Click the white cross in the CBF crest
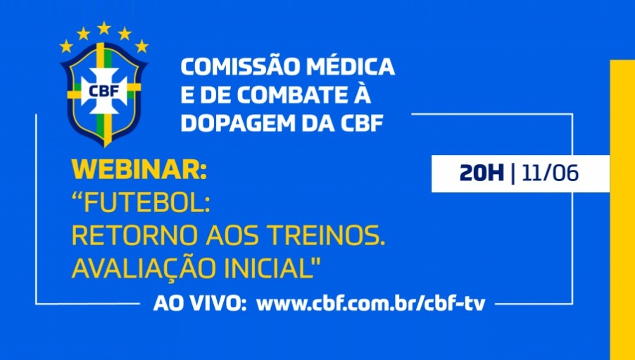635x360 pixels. click(x=103, y=91)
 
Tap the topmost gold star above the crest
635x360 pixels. click(x=104, y=28)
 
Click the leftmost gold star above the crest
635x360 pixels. click(x=66, y=46)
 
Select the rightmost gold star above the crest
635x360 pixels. click(x=142, y=46)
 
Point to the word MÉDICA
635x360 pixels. click(x=350, y=67)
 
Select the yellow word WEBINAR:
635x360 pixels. click(x=139, y=169)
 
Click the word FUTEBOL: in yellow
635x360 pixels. click(x=141, y=204)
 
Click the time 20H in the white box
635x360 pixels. click(x=482, y=174)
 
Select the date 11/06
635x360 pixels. click(x=550, y=174)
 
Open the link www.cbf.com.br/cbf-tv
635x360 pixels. click(x=370, y=304)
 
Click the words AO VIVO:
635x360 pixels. click(x=200, y=304)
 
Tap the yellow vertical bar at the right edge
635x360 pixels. click(x=622, y=210)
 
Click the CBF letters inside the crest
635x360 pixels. click(x=104, y=91)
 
